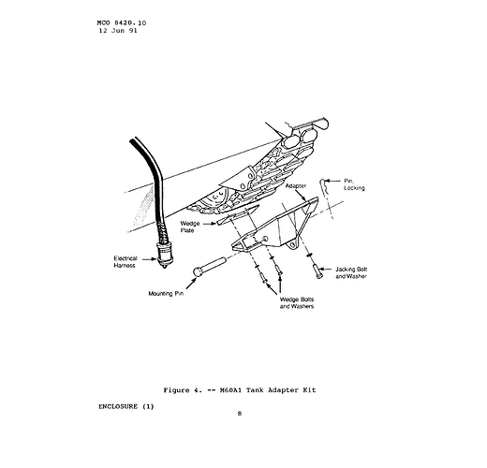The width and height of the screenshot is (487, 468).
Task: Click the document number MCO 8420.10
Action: click(x=122, y=23)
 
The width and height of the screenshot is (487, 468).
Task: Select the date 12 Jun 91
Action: click(x=118, y=31)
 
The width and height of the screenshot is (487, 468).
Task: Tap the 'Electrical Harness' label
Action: click(x=125, y=262)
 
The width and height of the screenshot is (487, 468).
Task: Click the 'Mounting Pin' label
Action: click(x=166, y=294)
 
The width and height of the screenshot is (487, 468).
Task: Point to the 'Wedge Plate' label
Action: click(x=190, y=227)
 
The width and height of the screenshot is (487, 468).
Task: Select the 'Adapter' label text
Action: click(x=296, y=186)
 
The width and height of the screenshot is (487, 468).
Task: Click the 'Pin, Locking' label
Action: click(x=354, y=184)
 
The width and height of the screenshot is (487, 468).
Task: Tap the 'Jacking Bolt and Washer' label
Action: click(x=351, y=272)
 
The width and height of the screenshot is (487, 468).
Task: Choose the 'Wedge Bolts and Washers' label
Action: click(x=297, y=303)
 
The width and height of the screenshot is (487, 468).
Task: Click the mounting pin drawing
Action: click(x=209, y=266)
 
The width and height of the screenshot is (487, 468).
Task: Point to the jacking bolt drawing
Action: click(x=317, y=271)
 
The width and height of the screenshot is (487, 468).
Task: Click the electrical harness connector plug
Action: click(x=164, y=256)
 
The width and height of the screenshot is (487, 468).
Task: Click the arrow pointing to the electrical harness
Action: click(x=149, y=258)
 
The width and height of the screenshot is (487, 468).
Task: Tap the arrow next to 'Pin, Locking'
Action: click(x=332, y=181)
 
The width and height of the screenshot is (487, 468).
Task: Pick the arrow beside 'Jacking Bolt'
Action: click(x=325, y=269)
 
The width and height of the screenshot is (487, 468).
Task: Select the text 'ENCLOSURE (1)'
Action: click(x=126, y=406)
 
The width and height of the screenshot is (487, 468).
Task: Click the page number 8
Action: click(x=240, y=414)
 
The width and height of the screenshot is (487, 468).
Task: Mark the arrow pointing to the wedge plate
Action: click(x=210, y=223)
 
